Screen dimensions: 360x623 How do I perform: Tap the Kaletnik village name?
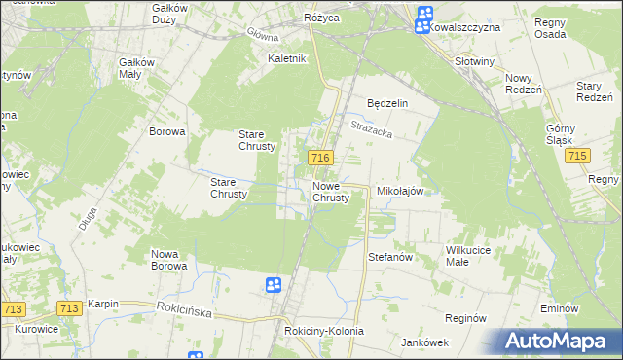click(x=288, y=58)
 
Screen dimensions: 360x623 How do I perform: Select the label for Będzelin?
click(x=386, y=102)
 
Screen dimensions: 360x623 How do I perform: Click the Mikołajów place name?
click(x=400, y=192)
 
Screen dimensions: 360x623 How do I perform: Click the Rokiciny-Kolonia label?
click(x=324, y=331)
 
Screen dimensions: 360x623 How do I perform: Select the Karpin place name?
click(x=102, y=304)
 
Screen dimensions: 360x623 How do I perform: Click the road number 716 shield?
click(x=321, y=158)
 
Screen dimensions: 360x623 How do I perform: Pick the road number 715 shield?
click(x=579, y=157)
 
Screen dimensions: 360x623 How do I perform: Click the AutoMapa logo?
click(x=562, y=342)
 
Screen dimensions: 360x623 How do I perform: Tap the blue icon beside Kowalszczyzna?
click(x=425, y=18)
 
